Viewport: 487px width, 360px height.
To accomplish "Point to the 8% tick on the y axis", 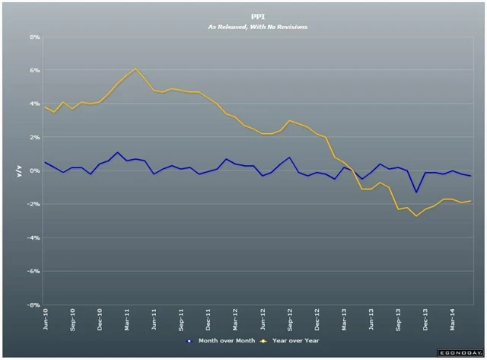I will click(x=35, y=37).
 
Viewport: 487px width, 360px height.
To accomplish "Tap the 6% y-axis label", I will click(x=35, y=70).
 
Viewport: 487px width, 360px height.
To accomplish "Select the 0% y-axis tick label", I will click(x=35, y=170).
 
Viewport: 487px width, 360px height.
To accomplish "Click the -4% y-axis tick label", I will click(x=34, y=237).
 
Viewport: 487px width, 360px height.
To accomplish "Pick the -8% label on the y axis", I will click(x=34, y=304).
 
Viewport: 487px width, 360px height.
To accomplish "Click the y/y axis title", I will click(x=19, y=171).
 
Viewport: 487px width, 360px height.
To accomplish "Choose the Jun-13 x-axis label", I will click(x=371, y=320).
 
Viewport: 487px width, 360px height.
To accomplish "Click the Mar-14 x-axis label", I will click(x=454, y=320).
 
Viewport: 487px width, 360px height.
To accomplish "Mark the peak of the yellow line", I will click(x=136, y=68).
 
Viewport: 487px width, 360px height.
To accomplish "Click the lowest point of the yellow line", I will click(x=416, y=216).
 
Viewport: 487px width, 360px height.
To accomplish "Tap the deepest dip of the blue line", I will click(x=416, y=192).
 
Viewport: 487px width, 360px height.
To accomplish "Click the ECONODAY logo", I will click(x=458, y=354).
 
